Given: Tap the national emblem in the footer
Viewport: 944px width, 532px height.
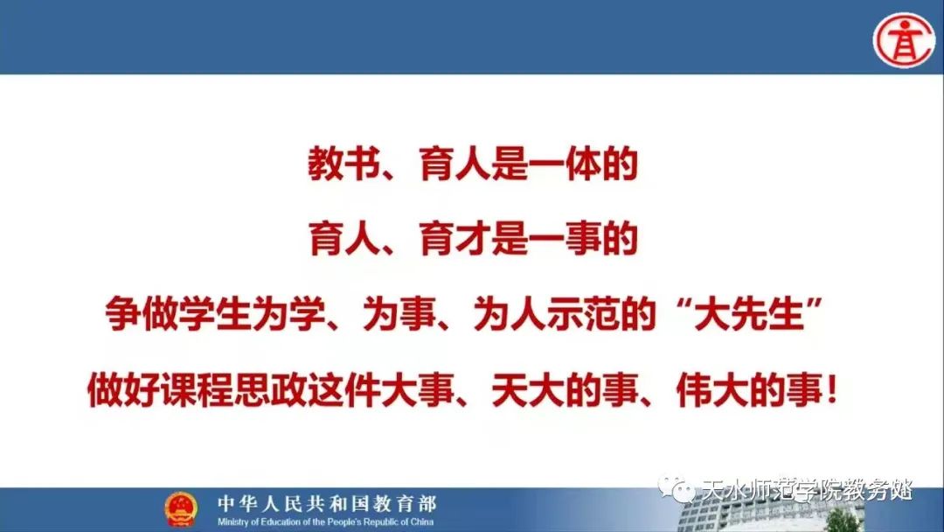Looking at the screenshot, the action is (181, 508).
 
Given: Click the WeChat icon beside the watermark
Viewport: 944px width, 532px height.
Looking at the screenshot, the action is (676, 489).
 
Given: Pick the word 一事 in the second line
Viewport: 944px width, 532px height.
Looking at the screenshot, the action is (566, 240).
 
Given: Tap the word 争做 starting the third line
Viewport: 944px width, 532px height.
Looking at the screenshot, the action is (142, 314).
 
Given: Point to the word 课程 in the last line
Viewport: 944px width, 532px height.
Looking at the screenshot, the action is (197, 390).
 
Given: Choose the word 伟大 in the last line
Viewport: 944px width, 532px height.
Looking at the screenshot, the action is (711, 390).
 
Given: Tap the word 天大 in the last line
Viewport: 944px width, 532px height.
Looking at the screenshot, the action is (527, 390).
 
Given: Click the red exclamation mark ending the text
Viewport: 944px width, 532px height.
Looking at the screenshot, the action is (832, 390).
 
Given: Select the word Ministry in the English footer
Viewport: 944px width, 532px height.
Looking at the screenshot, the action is (232, 521).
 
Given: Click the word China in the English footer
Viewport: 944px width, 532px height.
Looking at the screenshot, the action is (422, 521).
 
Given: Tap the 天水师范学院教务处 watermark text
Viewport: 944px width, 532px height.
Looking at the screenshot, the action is (808, 490).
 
